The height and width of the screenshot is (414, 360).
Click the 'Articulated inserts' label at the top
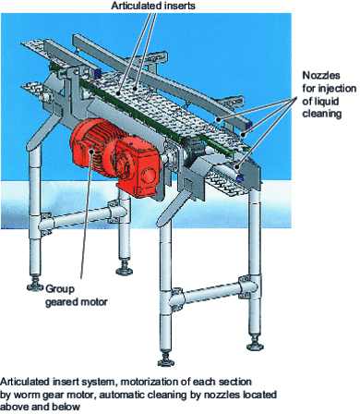point(153,6)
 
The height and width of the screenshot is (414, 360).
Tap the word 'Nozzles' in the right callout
point(321,75)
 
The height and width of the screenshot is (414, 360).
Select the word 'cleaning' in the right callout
point(321,114)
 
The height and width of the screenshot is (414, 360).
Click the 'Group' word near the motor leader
point(60,289)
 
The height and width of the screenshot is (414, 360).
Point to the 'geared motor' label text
point(77,302)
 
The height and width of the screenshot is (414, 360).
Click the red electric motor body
point(90,146)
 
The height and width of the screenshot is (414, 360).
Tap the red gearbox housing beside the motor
point(136,166)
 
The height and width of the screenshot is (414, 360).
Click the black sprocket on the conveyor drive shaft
point(193,147)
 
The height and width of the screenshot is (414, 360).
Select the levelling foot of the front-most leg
point(168,359)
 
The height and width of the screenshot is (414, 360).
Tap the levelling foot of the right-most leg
point(256,344)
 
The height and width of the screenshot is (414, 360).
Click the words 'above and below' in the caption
point(40,407)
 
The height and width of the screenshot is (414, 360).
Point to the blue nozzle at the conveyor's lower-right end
point(240,177)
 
